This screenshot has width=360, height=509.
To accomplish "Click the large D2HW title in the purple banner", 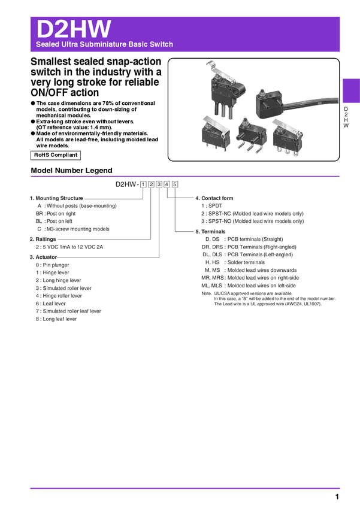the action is [x=74, y=29].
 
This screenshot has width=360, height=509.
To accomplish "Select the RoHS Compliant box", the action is [x=56, y=155].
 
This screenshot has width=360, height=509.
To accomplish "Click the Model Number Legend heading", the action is [x=71, y=171].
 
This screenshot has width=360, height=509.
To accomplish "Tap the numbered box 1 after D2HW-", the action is [x=143, y=184].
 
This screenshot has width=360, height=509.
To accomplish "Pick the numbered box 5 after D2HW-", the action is [x=175, y=184].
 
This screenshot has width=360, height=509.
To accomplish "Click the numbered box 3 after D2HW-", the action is [x=159, y=184].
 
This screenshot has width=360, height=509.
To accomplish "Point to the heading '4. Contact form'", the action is [x=214, y=198].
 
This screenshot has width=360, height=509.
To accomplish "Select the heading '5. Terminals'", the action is [x=210, y=232].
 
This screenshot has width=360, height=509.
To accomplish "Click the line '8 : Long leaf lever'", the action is [x=56, y=319].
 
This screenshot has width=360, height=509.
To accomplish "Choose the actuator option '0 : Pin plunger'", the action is [x=52, y=265].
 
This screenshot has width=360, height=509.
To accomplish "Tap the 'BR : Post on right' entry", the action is [x=56, y=214].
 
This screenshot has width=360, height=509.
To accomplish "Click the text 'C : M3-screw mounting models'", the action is [x=73, y=229].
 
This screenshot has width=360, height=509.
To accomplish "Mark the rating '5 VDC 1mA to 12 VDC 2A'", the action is [x=72, y=247].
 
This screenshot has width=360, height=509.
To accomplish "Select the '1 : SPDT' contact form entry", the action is [x=211, y=206].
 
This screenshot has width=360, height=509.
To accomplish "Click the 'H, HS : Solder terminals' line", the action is [x=235, y=262].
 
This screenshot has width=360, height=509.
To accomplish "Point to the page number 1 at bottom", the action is [x=337, y=496].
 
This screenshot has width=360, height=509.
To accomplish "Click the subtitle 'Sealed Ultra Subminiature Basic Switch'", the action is [x=105, y=44].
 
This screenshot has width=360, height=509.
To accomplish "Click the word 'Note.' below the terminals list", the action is [x=207, y=293].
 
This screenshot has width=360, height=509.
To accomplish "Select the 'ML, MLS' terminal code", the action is [x=211, y=286].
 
